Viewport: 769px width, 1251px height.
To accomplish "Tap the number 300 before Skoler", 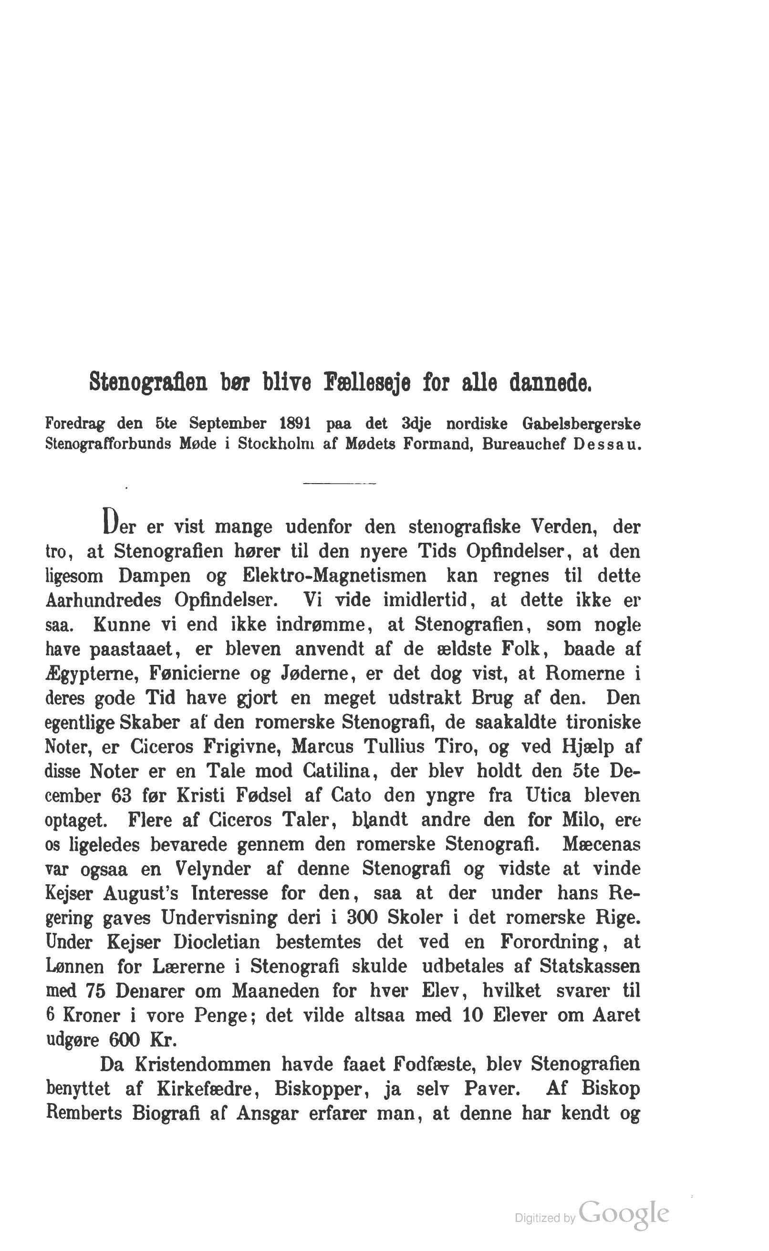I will pos(362,918).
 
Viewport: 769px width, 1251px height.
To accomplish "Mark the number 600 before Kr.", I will pos(125,1040).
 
